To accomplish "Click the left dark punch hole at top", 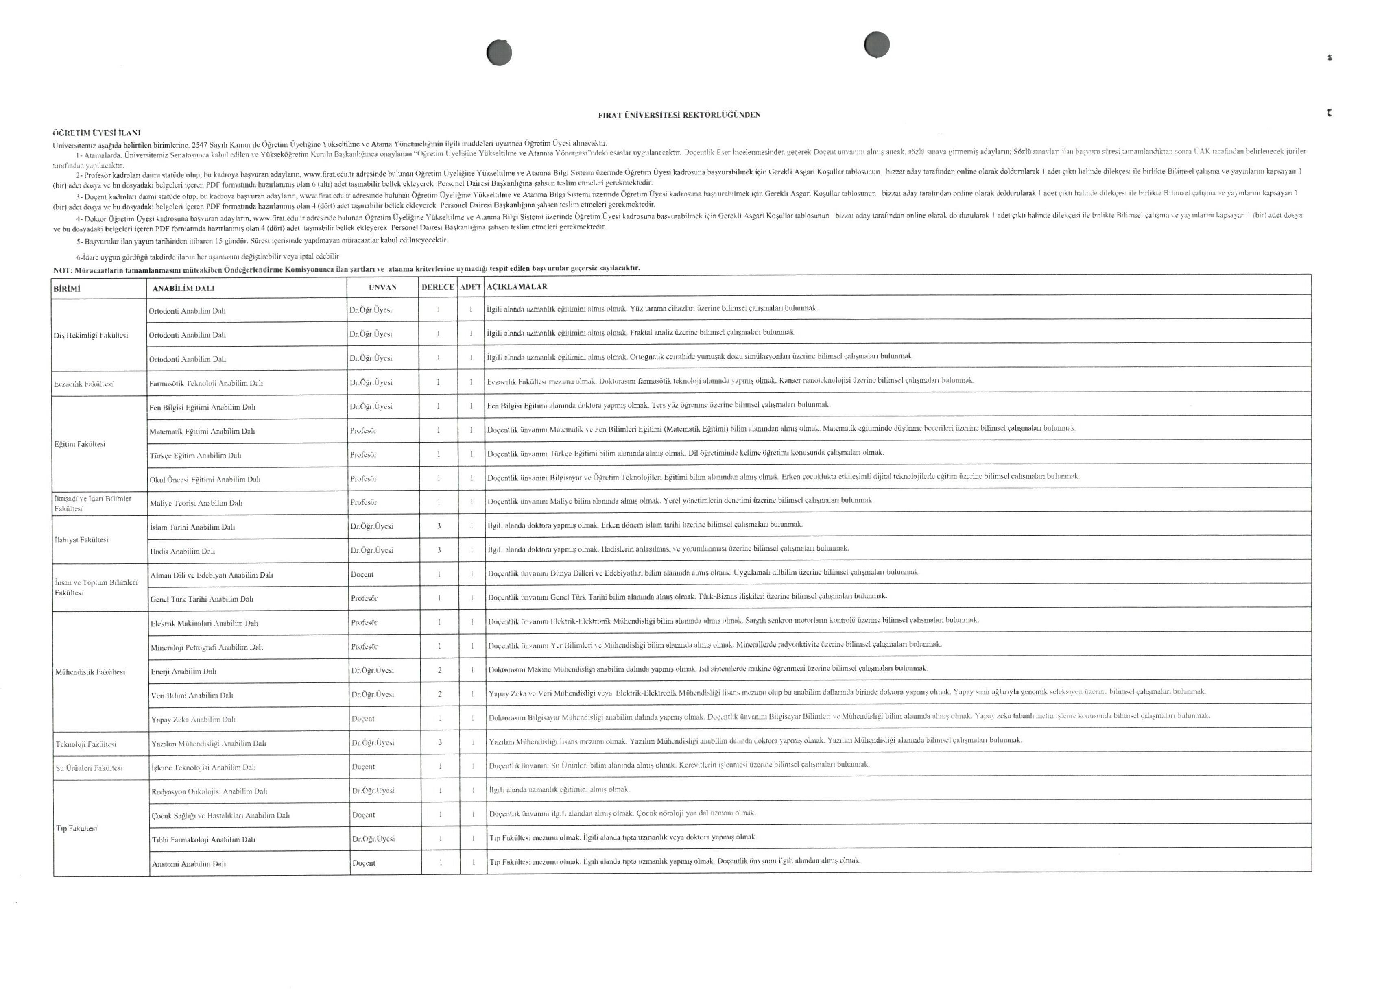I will [499, 52].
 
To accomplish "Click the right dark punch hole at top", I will [877, 45].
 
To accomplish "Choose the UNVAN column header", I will [382, 287].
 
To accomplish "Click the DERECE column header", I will [438, 287].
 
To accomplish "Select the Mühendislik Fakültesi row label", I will [90, 672].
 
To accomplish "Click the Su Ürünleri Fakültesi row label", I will [89, 768].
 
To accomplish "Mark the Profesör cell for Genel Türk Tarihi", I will [365, 599].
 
